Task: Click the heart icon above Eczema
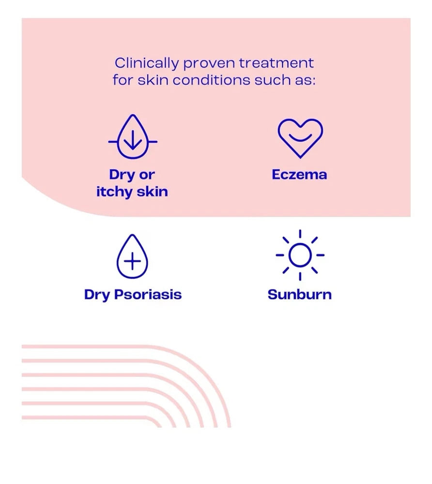[300, 137]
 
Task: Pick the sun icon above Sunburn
[300, 255]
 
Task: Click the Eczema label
[299, 175]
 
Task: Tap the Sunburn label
[299, 294]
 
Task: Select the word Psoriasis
[148, 295]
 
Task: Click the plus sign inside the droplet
[132, 262]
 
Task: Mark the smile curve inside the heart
[300, 140]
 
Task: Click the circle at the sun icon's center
[300, 255]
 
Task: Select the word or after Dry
[147, 175]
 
